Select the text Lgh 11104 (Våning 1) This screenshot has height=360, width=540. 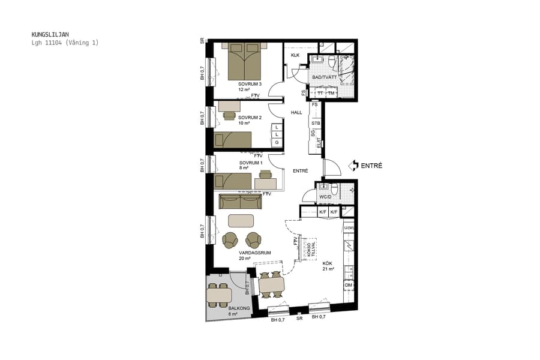65,43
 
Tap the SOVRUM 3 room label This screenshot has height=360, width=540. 250,84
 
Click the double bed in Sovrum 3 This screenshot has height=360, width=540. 244,61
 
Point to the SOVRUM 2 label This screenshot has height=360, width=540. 250,118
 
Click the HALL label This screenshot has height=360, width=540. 296,112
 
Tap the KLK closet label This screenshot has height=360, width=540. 295,56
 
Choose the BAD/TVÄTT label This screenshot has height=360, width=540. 324,77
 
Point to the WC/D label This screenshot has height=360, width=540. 325,197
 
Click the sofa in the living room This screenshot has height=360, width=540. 240,201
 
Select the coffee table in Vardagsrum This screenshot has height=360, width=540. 241,220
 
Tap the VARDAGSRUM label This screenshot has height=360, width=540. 254,253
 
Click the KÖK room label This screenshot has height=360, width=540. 327,263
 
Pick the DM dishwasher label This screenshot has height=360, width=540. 348,285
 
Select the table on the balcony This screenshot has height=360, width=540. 219,295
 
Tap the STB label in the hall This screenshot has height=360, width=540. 316,123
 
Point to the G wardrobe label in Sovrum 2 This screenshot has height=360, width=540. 276,143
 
